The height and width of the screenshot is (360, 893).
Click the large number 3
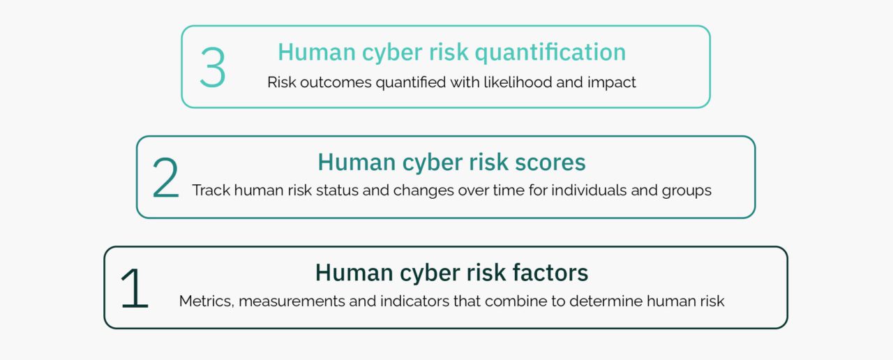tap(212, 68)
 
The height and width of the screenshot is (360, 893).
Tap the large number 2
tap(165, 178)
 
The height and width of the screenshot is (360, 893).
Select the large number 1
tap(134, 288)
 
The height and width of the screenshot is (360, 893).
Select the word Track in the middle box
tap(211, 190)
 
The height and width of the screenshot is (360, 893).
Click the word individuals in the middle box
tap(588, 190)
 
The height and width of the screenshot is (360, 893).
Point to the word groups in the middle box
tap(686, 190)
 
